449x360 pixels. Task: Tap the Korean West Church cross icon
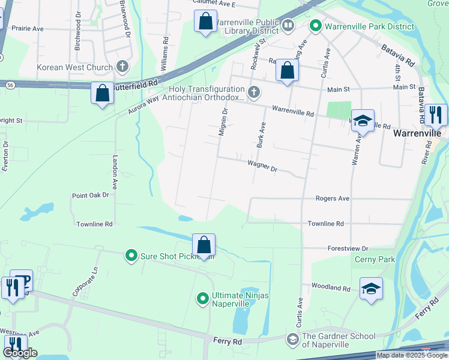point(123,67)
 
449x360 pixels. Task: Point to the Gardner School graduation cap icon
point(292,340)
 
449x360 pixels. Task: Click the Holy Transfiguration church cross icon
point(254,92)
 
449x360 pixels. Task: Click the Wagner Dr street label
point(262,166)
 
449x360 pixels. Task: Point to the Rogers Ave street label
point(333,198)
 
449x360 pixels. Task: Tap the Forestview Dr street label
point(348,248)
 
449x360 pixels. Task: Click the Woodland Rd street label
point(330,288)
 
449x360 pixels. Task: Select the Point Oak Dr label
point(90,195)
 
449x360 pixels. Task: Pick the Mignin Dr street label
point(223,122)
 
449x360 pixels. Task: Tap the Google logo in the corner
point(20,353)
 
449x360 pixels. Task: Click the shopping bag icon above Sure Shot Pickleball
point(203,245)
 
